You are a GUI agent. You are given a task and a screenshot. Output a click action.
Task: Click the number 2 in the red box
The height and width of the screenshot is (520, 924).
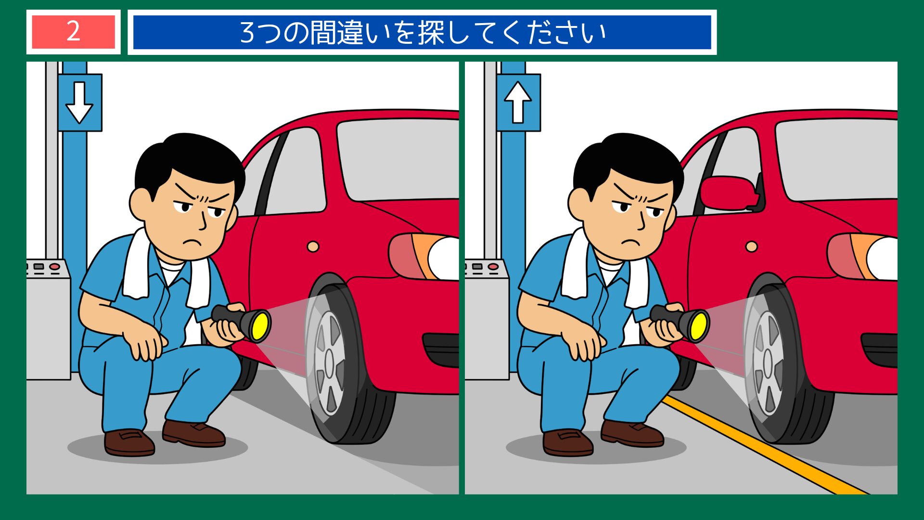click(x=73, y=32)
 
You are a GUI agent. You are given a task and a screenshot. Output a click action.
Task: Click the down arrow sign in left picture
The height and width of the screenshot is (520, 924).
click(x=79, y=102)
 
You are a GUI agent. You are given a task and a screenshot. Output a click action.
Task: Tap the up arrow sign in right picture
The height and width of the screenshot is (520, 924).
click(x=518, y=102)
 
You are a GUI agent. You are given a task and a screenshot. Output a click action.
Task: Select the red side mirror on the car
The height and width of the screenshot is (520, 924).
click(x=728, y=193)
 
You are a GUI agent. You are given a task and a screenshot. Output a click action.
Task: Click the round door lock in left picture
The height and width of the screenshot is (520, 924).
click(x=313, y=247)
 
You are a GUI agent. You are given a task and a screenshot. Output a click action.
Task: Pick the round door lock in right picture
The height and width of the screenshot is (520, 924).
click(x=751, y=247)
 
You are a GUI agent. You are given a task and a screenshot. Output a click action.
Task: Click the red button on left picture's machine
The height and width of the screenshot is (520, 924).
click(x=54, y=266)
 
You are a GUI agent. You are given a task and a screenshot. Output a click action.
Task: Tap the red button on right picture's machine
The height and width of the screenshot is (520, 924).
click(x=493, y=266)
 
